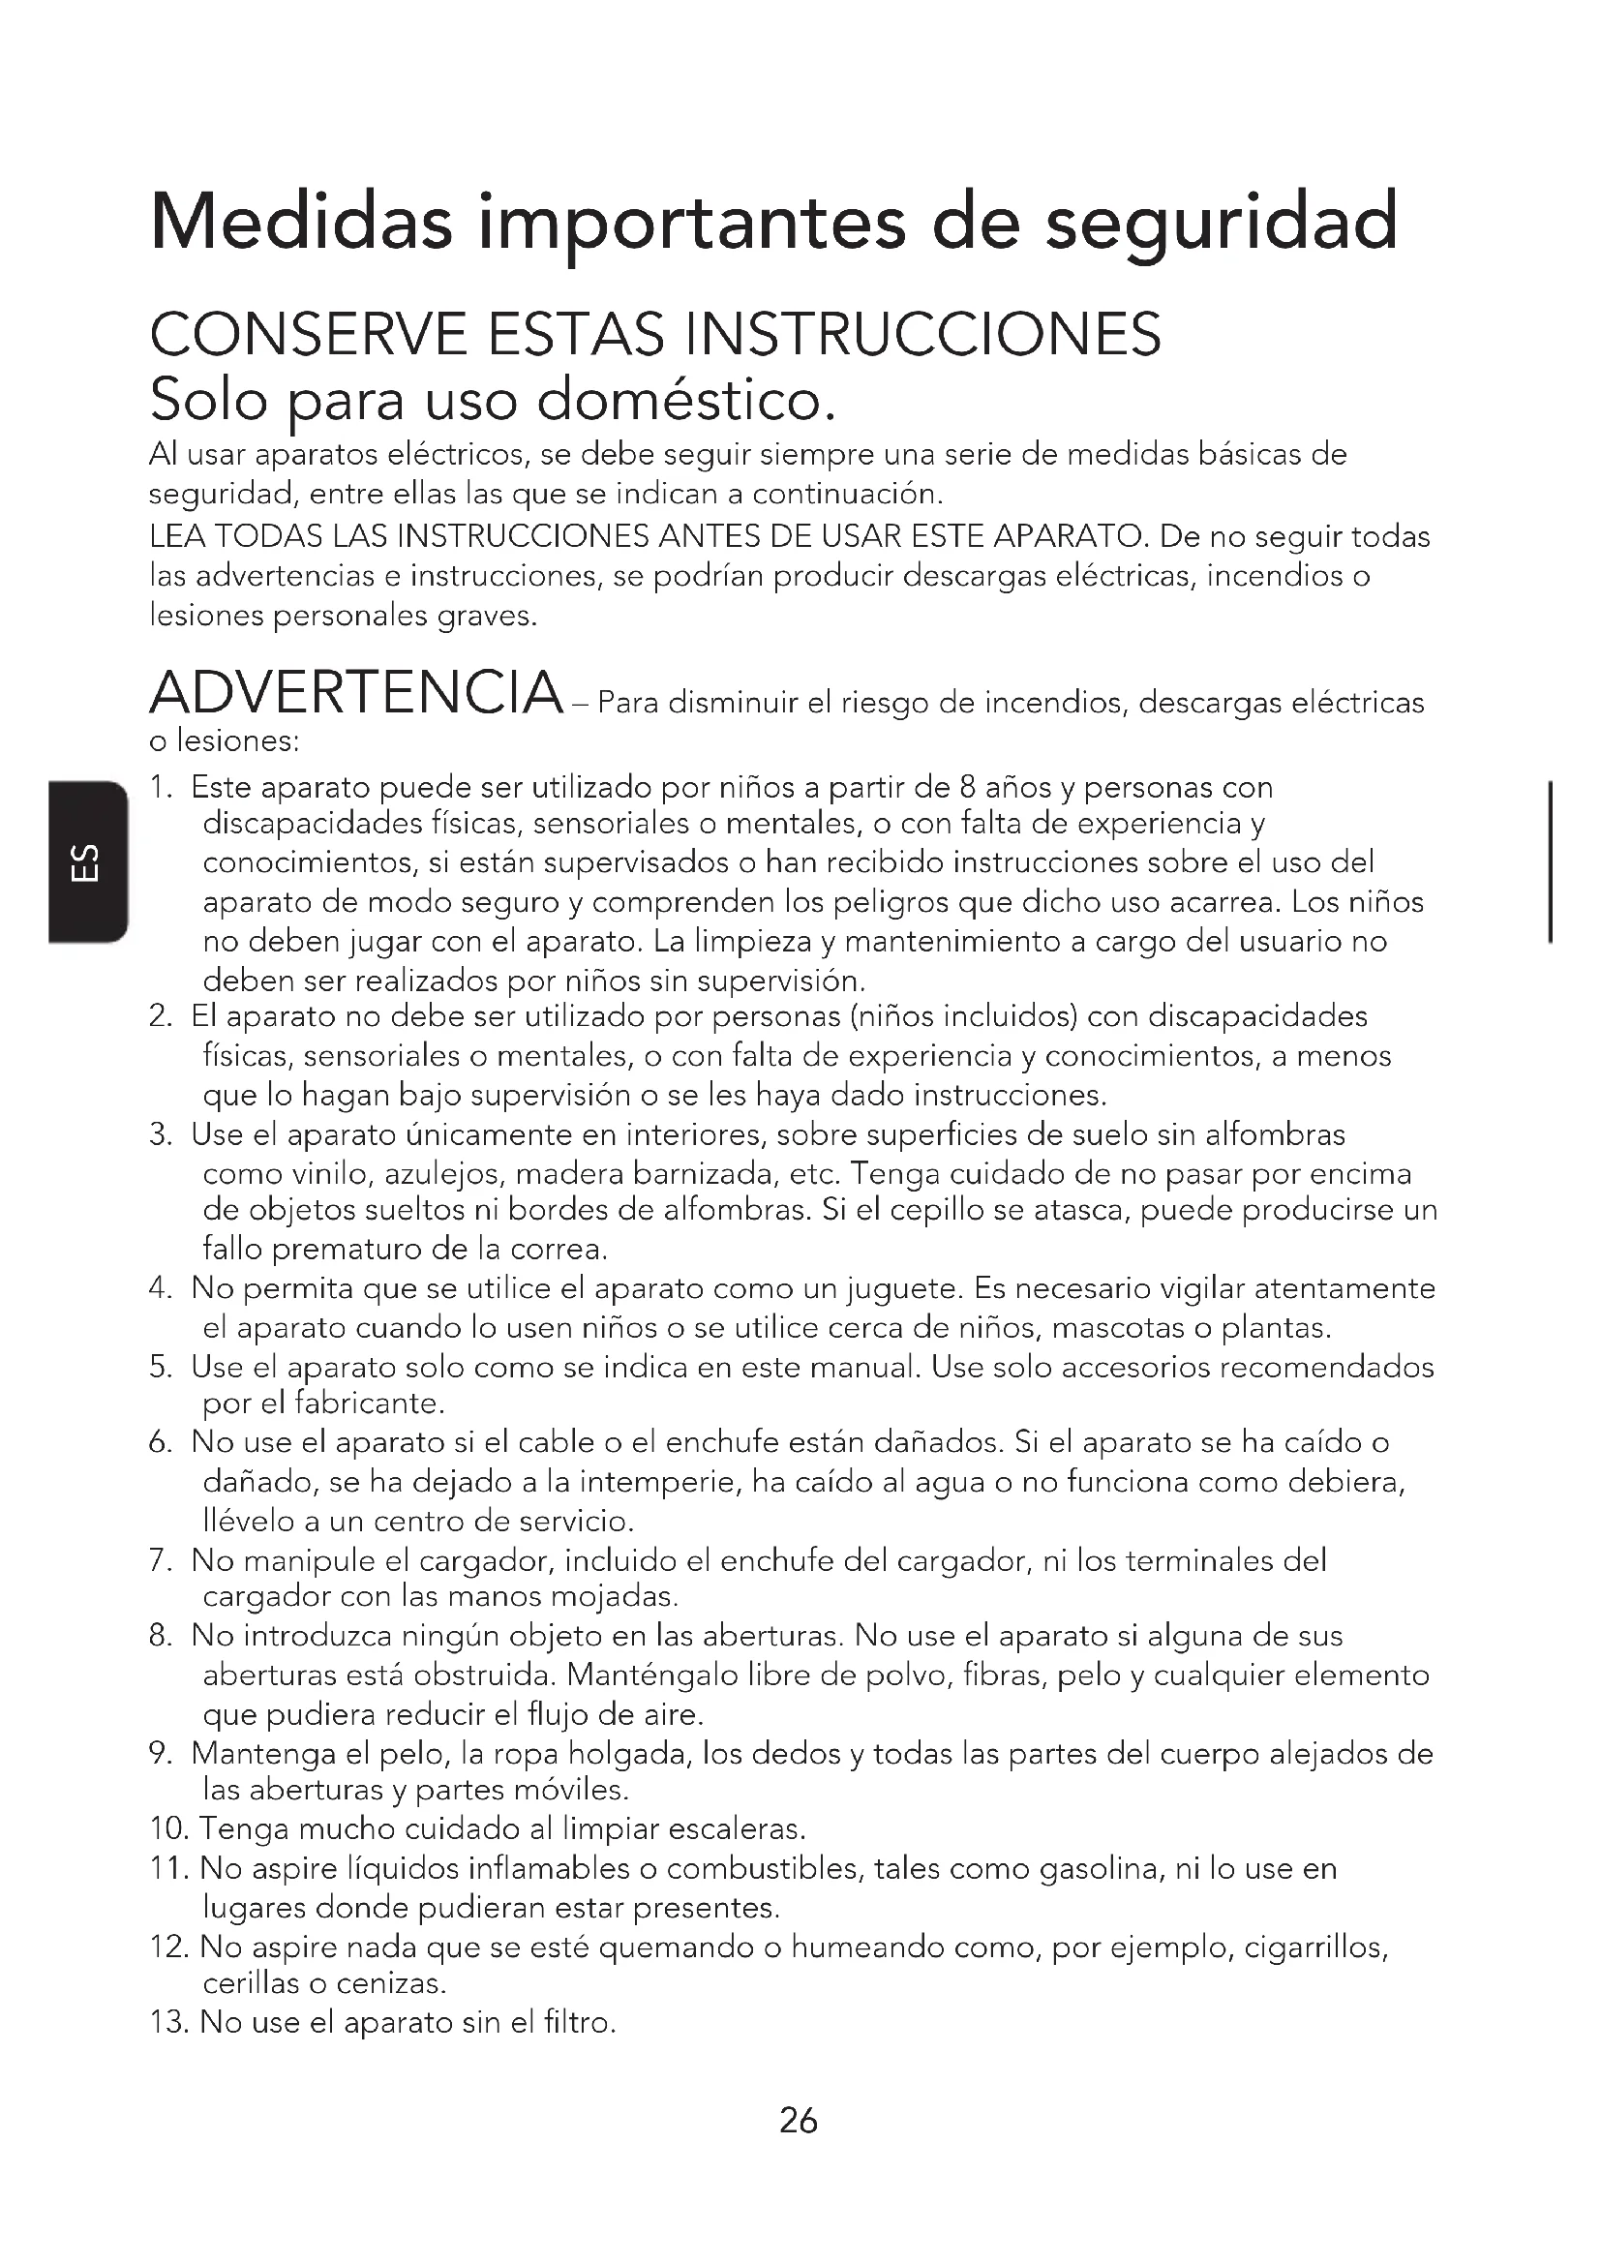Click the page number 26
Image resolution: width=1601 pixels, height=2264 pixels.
click(x=799, y=2120)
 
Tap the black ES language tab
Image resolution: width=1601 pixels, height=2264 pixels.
click(x=87, y=861)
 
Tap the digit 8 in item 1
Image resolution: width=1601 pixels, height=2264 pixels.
click(x=969, y=788)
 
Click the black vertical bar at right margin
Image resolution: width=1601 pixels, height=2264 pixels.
click(x=1552, y=861)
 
